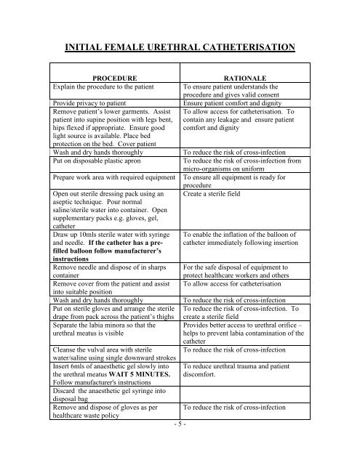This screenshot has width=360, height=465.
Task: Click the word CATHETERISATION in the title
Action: point(241,49)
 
